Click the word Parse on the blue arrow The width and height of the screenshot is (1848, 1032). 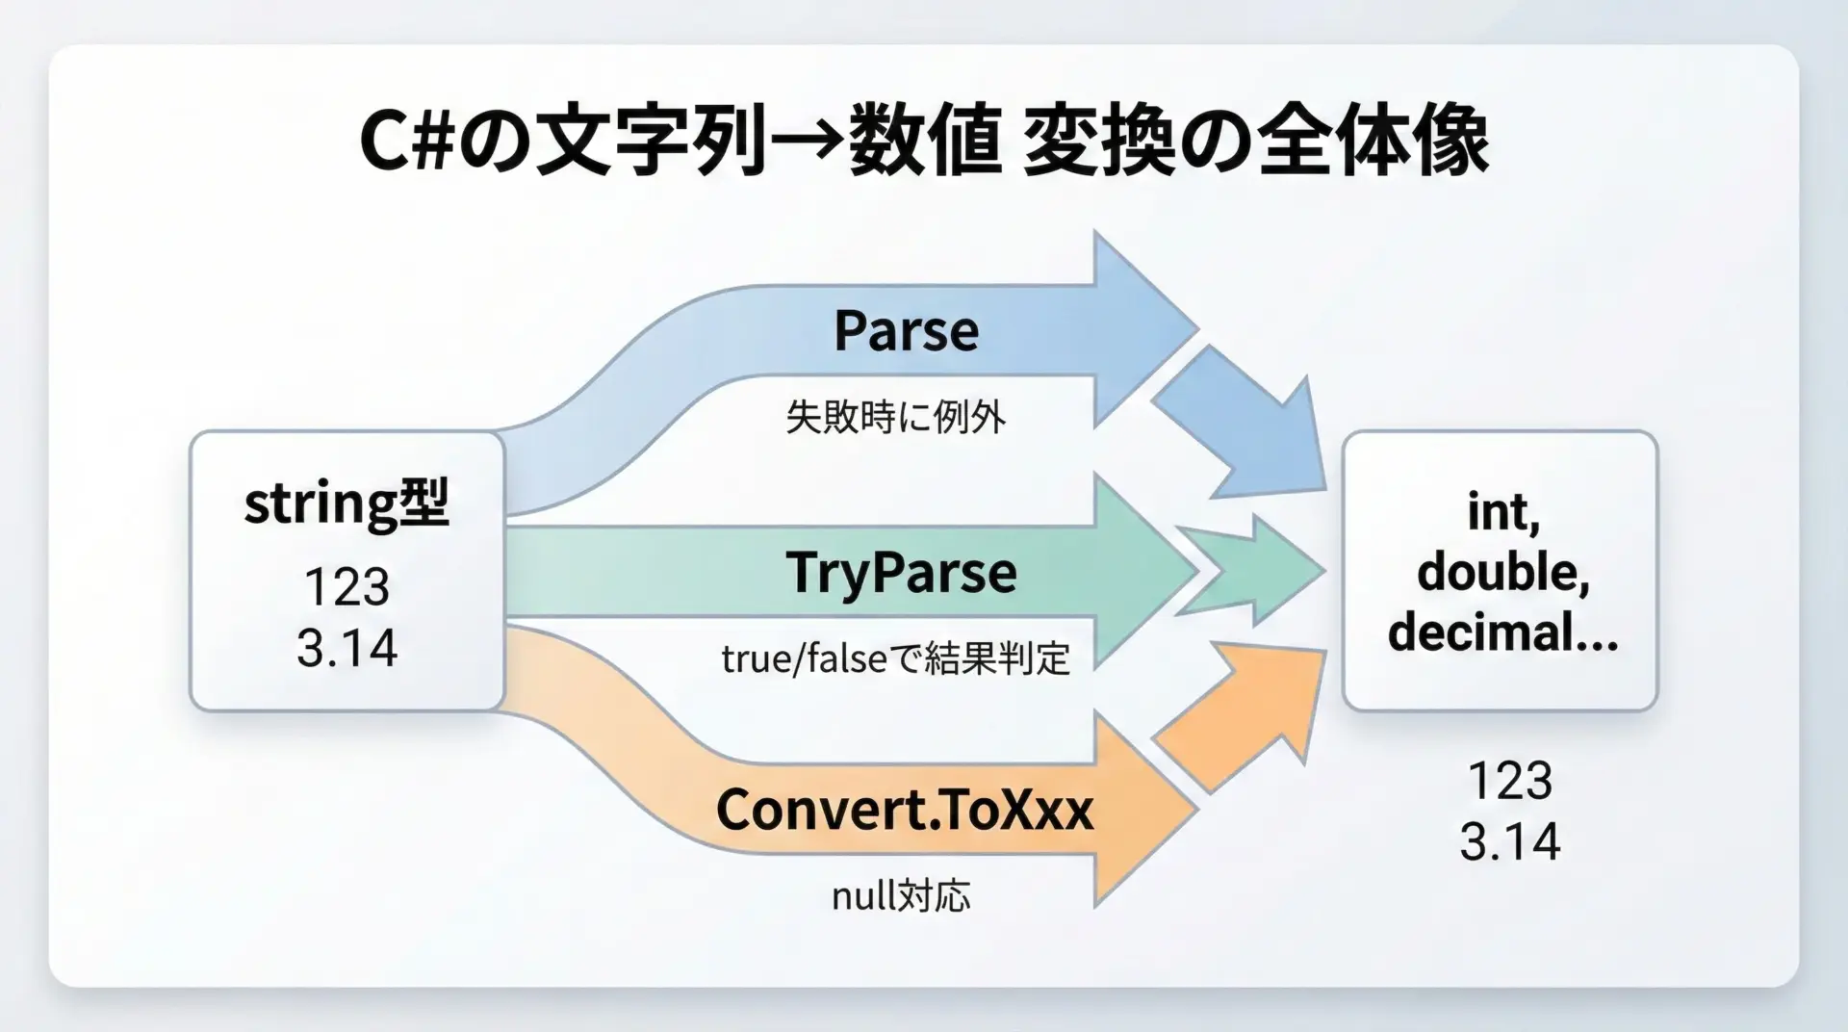[x=906, y=330]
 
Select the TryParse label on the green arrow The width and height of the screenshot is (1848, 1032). [x=901, y=574]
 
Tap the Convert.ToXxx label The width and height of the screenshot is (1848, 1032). [x=904, y=810]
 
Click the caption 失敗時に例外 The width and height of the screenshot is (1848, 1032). [x=895, y=417]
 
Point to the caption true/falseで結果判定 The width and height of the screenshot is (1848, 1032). [x=895, y=658]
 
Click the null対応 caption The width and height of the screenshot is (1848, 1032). [x=901, y=895]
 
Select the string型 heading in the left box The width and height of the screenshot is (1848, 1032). [x=346, y=504]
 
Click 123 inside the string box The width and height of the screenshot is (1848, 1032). [x=346, y=586]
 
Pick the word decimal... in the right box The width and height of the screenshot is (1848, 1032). [x=1502, y=632]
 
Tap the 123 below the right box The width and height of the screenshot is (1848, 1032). [x=1509, y=780]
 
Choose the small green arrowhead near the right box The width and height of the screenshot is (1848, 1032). [x=1251, y=571]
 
